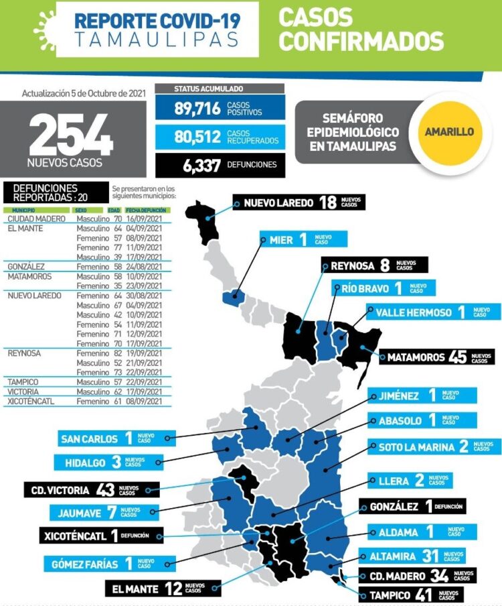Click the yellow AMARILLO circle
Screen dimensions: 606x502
point(449,132)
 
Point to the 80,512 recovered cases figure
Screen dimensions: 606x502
point(198,137)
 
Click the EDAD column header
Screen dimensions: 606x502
point(114,210)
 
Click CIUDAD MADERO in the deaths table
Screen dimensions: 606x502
point(35,219)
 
